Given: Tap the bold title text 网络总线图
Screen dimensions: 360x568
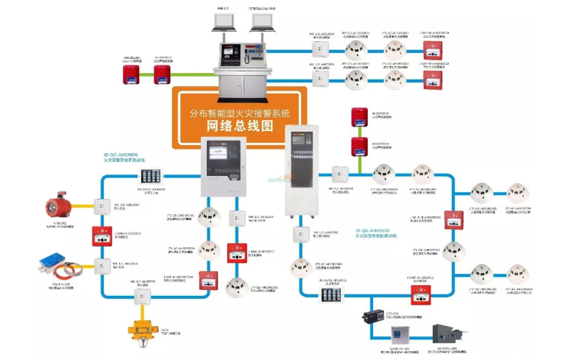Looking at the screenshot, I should coord(236,126).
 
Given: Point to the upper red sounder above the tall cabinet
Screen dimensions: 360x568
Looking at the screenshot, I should coord(359,115).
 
